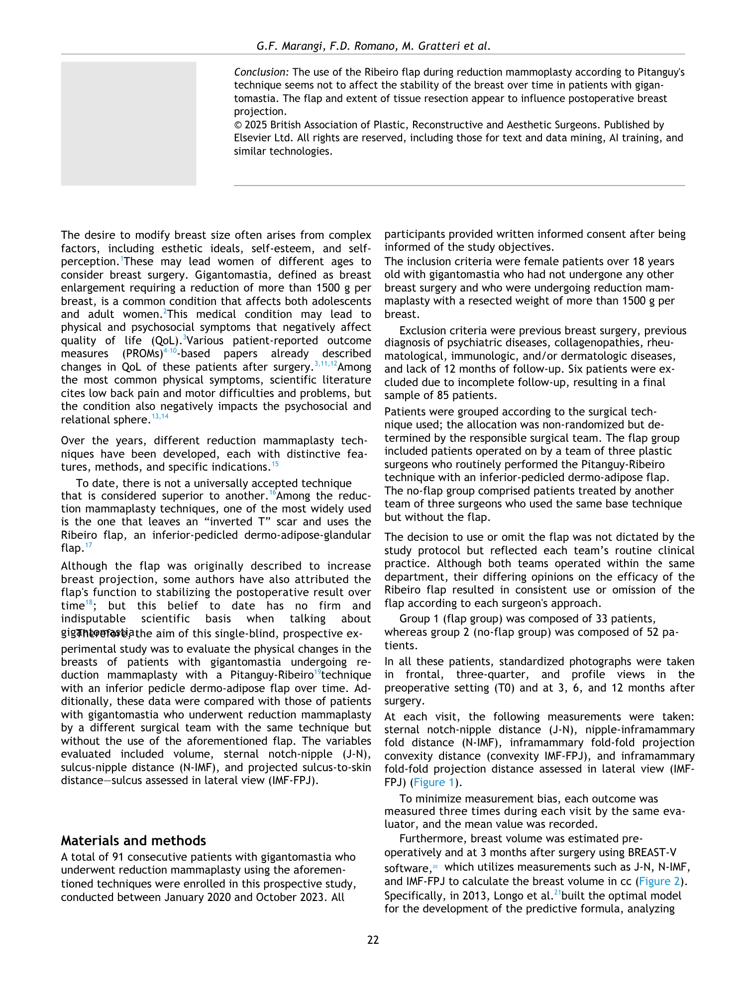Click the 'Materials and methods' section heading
point(133,841)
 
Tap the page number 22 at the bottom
point(373,940)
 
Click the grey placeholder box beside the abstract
point(128,123)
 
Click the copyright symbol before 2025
point(238,125)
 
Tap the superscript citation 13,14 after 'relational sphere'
point(160,416)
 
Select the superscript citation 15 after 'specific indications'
point(275,464)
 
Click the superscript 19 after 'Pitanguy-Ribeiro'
point(317,673)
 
